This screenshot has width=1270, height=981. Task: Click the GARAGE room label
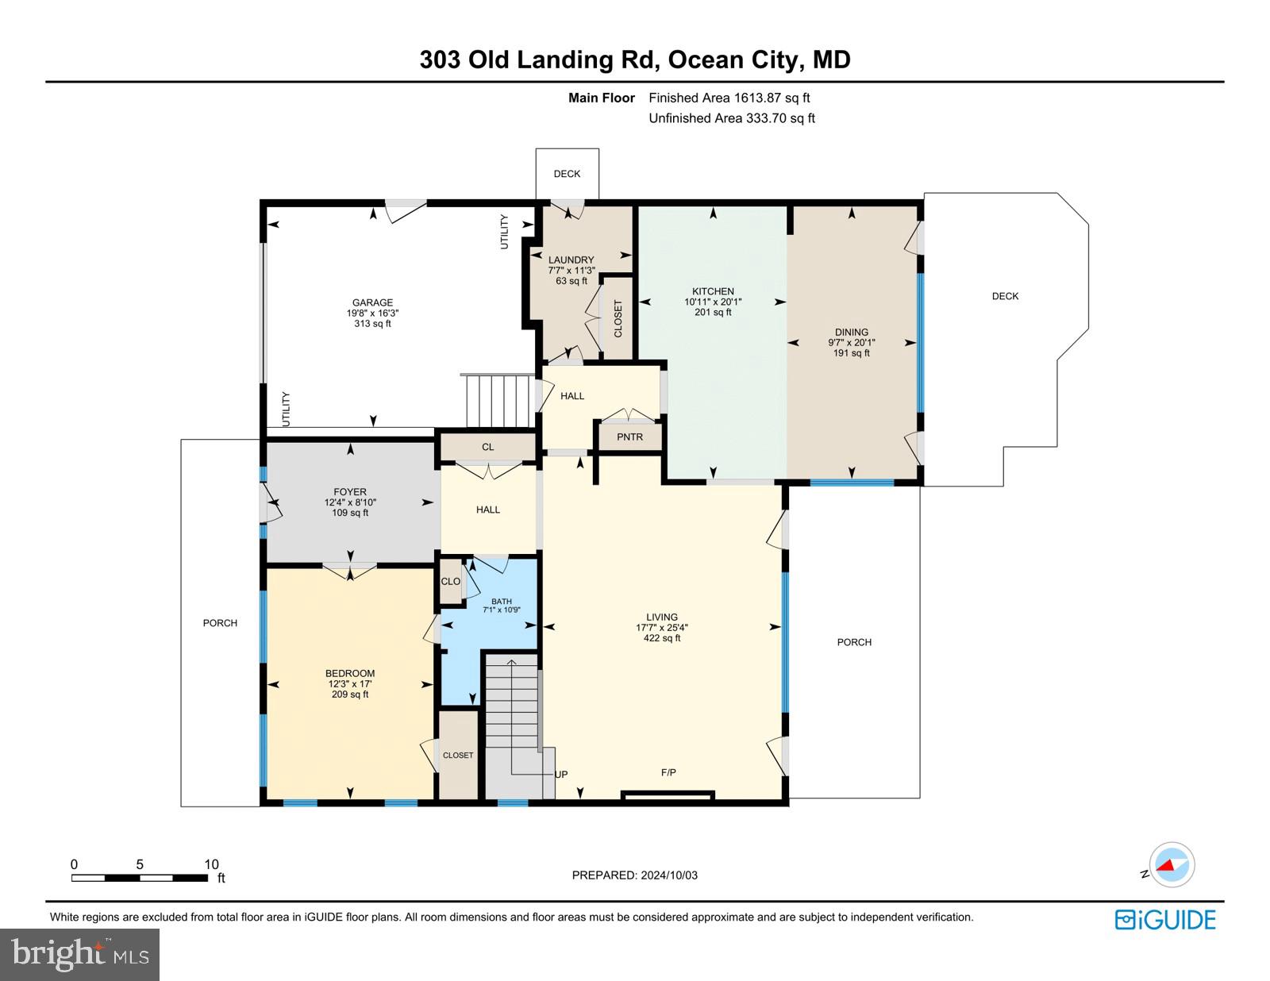tap(372, 302)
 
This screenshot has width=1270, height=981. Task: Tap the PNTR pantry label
tap(629, 437)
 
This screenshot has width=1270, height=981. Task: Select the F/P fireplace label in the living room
tap(668, 772)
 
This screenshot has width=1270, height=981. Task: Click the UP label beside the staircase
tap(561, 775)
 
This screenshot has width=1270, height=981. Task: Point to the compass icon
tap(1172, 865)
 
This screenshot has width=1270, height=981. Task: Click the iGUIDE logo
tap(1165, 920)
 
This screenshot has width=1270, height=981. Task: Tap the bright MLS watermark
tap(80, 954)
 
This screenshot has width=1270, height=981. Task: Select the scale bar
tap(140, 878)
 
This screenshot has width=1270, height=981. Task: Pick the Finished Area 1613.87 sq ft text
tap(729, 98)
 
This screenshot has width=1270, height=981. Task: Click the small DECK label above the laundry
tap(567, 174)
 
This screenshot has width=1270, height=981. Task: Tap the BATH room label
tap(501, 602)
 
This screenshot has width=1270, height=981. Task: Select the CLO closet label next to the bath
tap(450, 581)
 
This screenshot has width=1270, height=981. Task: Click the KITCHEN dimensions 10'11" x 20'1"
tap(713, 302)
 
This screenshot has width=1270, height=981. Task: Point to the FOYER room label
tap(350, 492)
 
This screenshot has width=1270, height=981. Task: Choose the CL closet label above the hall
tap(487, 447)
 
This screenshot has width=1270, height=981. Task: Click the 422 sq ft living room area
tap(661, 638)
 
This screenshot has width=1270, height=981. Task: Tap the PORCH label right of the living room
tap(854, 642)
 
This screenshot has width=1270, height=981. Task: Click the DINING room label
tap(851, 333)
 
